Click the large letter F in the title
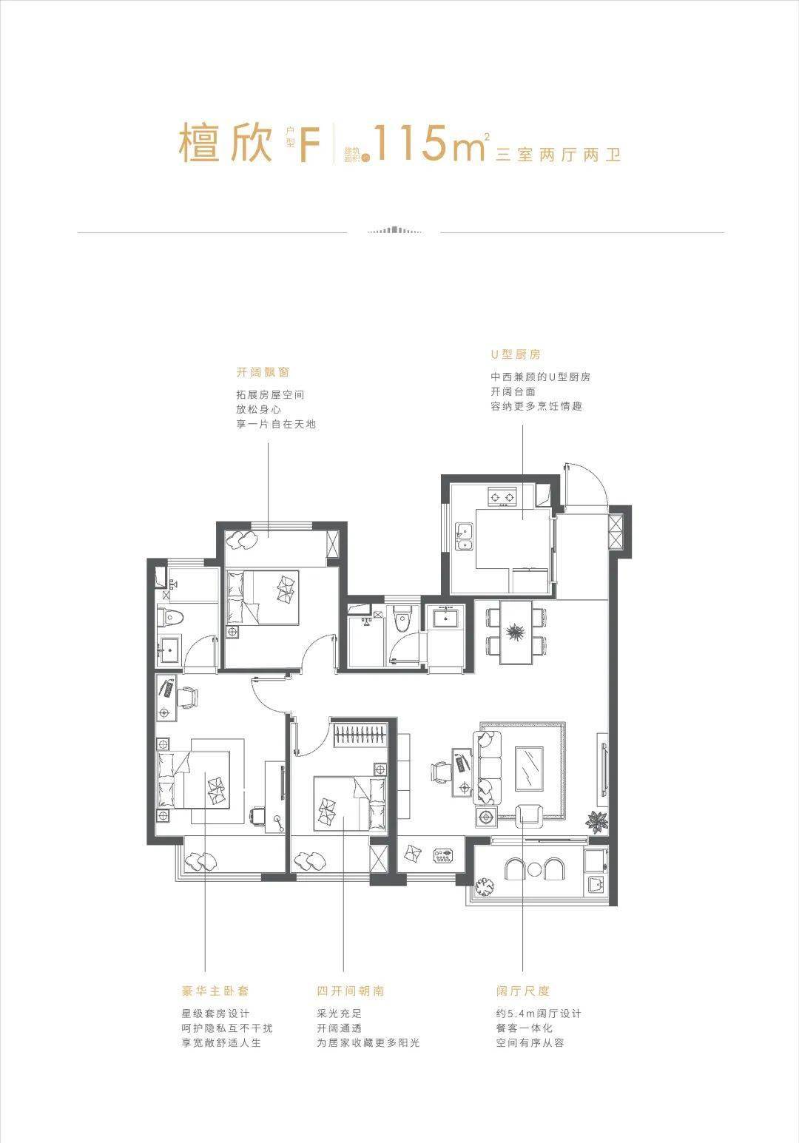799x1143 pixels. coord(310,145)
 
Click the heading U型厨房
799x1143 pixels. coord(516,354)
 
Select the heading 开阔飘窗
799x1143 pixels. coord(263,372)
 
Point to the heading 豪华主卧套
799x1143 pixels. coord(215,991)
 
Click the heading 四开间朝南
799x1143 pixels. coord(350,991)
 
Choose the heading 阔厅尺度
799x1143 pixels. coord(522,991)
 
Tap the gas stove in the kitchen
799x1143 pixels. coord(502,496)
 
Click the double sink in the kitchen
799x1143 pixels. coord(465,537)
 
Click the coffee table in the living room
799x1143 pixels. coord(529,768)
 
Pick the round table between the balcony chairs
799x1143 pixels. coord(534,869)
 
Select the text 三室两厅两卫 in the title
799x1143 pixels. coord(558,154)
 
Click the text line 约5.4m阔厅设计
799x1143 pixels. coord(539,1014)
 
